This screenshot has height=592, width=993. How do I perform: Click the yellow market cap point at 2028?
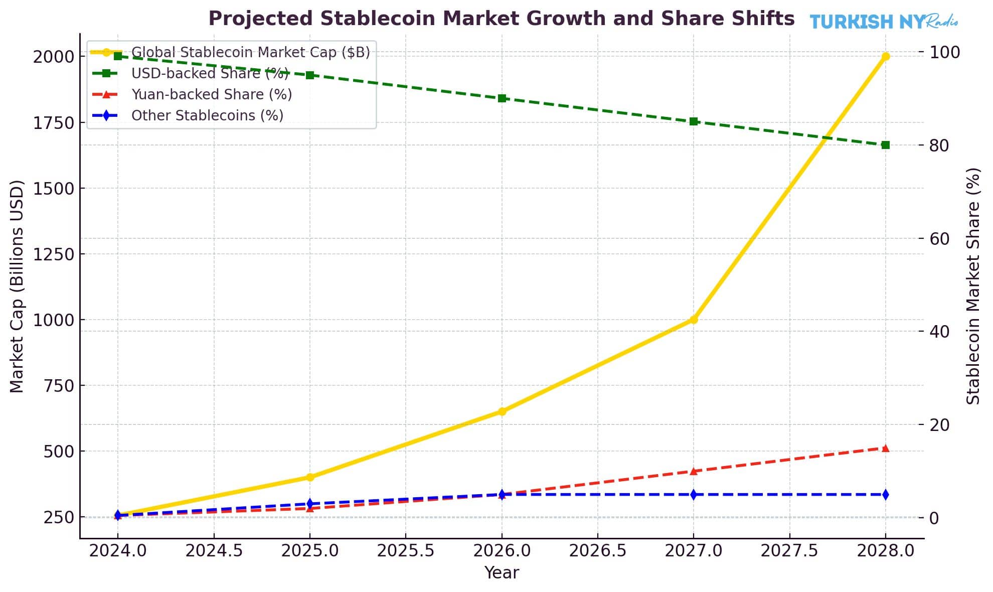click(885, 56)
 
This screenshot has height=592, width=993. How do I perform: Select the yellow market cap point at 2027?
click(694, 320)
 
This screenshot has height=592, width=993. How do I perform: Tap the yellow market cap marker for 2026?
click(502, 411)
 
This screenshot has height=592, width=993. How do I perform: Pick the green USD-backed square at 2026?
click(502, 98)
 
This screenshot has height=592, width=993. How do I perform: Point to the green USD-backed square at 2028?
click(885, 145)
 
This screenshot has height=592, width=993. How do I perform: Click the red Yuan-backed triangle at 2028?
click(885, 448)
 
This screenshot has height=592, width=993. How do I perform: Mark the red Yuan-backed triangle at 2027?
click(694, 471)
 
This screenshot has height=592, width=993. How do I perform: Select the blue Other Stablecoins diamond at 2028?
click(885, 495)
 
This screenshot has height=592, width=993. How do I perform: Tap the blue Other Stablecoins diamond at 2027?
click(694, 495)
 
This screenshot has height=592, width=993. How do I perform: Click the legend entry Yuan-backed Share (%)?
click(211, 94)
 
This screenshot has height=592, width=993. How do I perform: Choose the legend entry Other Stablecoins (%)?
click(207, 115)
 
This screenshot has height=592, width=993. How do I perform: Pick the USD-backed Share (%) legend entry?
click(210, 73)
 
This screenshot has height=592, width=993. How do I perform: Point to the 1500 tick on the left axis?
click(53, 189)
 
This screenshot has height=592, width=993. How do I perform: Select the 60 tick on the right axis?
click(940, 238)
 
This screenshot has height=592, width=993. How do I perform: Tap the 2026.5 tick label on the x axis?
click(597, 551)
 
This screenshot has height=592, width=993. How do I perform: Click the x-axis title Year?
click(502, 572)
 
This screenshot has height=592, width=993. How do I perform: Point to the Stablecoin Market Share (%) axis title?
click(973, 286)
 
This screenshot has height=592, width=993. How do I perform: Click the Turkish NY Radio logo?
click(883, 22)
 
